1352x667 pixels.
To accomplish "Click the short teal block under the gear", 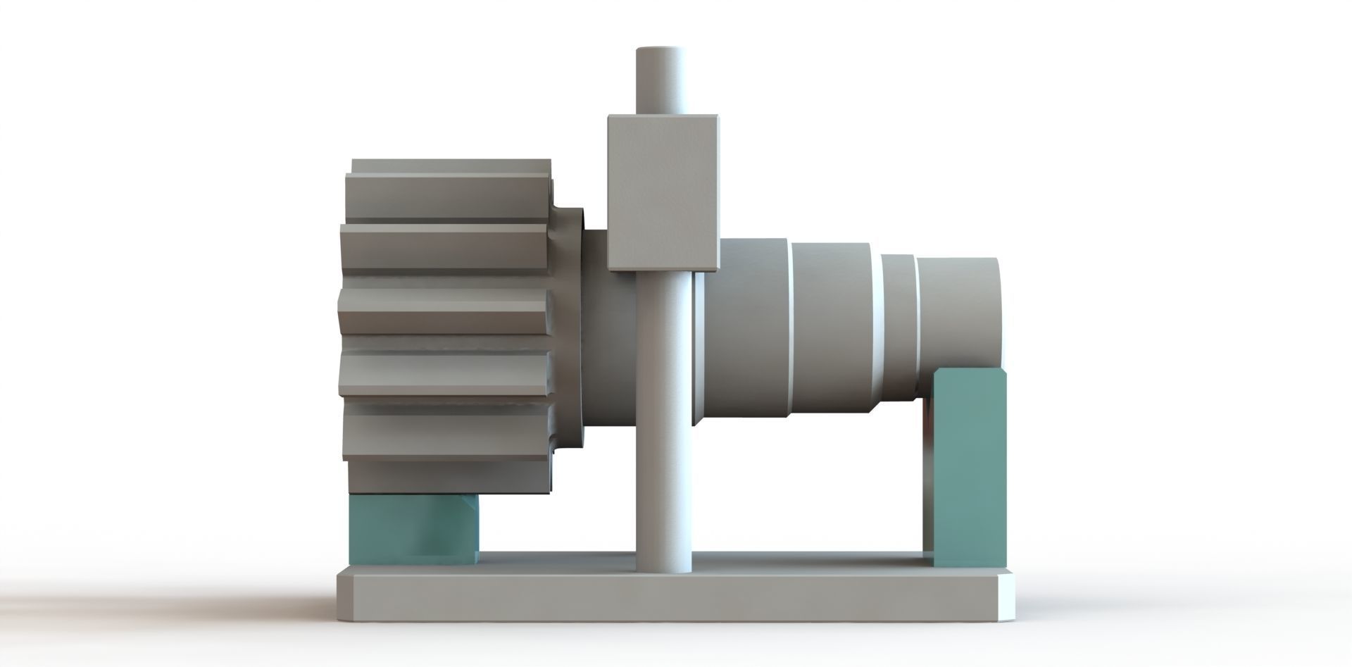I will (412, 528).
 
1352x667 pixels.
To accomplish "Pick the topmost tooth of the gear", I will (451, 168).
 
